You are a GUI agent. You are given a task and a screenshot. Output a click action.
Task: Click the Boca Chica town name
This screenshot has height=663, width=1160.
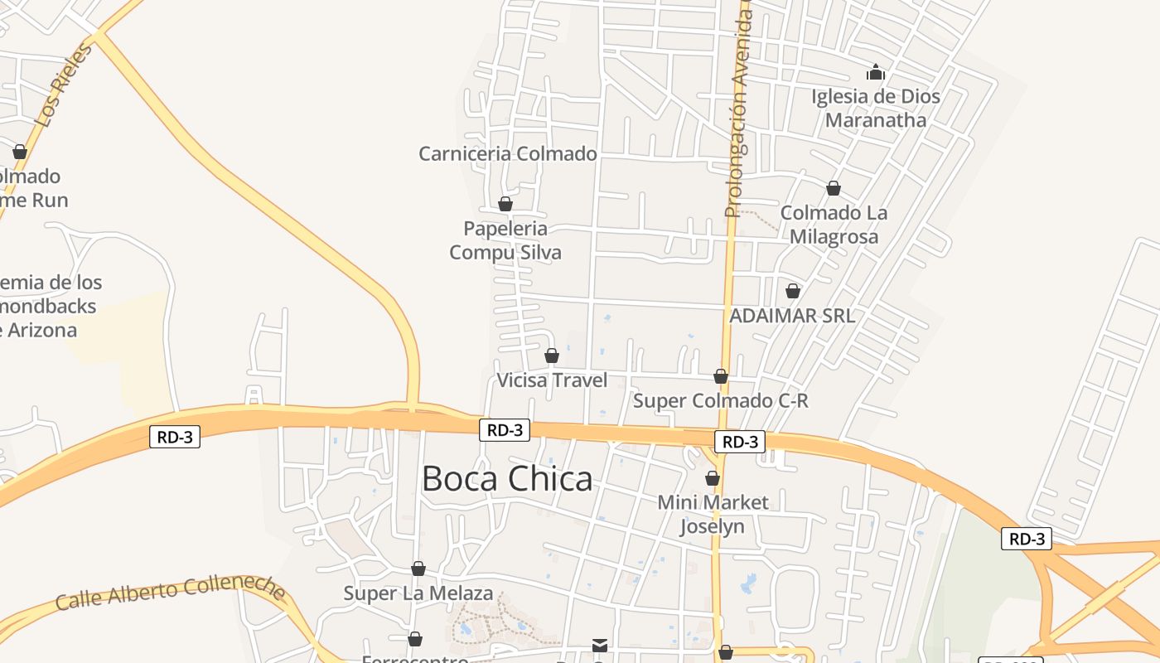point(507,479)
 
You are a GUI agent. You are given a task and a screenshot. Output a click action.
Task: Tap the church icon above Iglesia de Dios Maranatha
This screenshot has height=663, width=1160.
point(876,73)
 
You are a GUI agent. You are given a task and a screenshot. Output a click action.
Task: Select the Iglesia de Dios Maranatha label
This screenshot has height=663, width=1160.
point(876,108)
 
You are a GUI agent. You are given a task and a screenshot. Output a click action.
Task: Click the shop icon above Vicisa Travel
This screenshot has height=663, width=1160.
point(552,356)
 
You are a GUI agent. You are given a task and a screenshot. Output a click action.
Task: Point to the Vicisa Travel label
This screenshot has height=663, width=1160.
point(552,380)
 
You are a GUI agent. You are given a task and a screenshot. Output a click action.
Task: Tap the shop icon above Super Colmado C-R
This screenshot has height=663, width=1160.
point(721,376)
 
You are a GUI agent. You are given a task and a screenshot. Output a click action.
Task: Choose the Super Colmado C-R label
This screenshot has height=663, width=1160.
point(721,401)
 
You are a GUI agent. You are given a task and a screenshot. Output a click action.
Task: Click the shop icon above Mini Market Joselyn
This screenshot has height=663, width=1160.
point(713,478)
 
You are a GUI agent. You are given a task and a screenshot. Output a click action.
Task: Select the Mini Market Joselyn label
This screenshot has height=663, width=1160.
point(713,514)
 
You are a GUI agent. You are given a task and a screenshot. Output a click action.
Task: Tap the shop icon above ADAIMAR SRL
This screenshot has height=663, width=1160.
point(793,291)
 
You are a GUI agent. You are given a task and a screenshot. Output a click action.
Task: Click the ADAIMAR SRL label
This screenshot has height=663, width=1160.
point(792,316)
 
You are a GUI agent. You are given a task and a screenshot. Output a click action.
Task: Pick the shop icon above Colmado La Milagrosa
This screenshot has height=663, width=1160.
point(834,188)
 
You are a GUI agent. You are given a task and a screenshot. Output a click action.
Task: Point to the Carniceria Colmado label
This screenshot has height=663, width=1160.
point(508,153)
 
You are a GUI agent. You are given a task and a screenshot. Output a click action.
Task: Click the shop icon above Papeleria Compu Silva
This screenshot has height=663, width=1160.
point(505,203)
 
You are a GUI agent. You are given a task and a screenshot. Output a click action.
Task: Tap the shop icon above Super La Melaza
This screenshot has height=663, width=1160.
point(418,569)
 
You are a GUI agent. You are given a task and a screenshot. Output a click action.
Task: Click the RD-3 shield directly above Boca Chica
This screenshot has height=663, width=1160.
point(505,430)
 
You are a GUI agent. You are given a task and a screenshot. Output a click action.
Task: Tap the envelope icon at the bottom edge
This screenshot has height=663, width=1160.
point(600,645)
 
